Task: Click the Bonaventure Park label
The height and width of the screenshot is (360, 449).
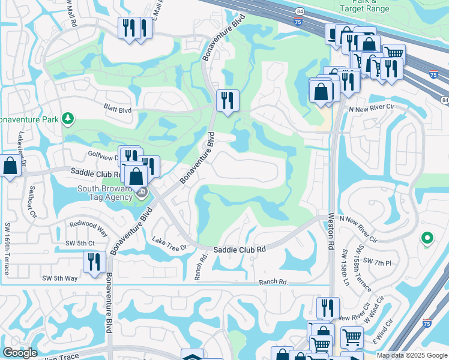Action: pyautogui.click(x=29, y=119)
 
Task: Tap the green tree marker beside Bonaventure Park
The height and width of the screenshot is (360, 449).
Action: pyautogui.click(x=69, y=118)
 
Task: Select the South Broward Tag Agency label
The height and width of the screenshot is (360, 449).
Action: pyautogui.click(x=104, y=192)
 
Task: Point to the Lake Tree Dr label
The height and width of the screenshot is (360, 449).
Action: pyautogui.click(x=170, y=243)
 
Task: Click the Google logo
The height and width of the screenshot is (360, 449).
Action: pyautogui.click(x=19, y=353)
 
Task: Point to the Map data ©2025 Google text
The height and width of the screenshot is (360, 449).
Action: pyautogui.click(x=412, y=355)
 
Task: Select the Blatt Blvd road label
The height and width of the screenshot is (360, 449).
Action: pyautogui.click(x=116, y=110)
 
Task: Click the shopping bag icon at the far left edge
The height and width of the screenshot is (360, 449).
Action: pyautogui.click(x=10, y=166)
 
